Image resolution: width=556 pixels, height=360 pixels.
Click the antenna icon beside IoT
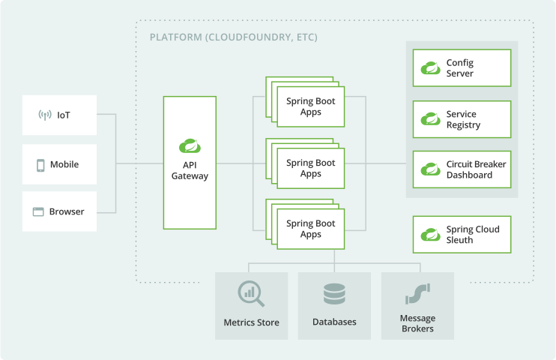(x=44, y=115)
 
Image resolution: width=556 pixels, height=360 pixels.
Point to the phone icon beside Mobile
(x=40, y=165)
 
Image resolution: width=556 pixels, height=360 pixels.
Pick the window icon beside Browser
(x=38, y=211)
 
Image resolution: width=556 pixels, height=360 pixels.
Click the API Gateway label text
(x=190, y=170)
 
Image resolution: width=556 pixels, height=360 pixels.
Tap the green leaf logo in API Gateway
(x=190, y=146)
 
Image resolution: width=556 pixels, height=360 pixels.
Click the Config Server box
(x=462, y=68)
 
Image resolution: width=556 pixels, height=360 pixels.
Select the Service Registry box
(x=462, y=119)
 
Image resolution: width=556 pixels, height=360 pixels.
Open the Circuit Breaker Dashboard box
(x=462, y=169)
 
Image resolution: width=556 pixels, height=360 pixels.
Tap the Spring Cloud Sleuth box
(x=462, y=235)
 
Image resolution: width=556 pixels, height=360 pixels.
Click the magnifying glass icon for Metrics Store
(x=251, y=293)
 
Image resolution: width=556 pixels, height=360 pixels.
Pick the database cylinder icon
(x=334, y=293)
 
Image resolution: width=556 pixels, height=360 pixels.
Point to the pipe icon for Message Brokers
(x=417, y=293)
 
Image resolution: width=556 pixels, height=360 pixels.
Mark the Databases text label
(x=334, y=322)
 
